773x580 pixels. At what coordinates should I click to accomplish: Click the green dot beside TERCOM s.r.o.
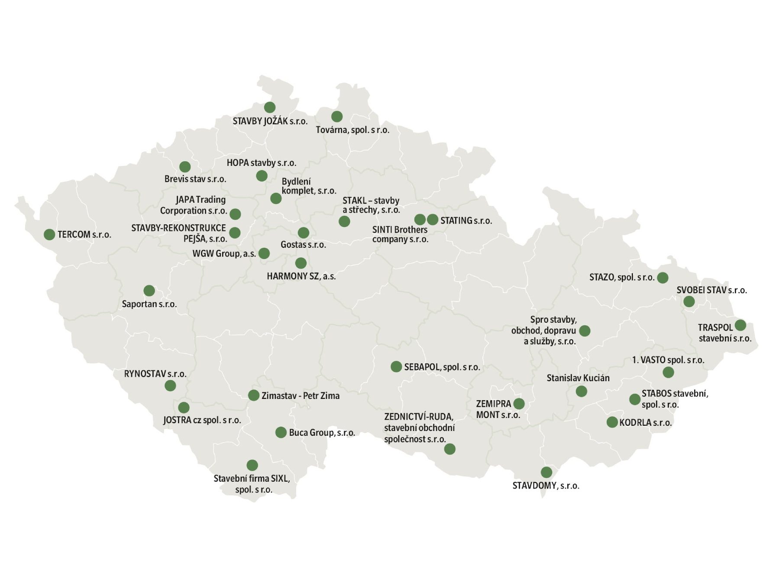pyautogui.click(x=49, y=234)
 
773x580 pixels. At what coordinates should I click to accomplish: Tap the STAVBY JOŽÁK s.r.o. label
pyautogui.click(x=270, y=121)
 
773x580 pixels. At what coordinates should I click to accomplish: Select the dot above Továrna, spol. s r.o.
pyautogui.click(x=336, y=116)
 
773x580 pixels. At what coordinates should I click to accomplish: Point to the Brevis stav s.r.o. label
pyautogui.click(x=195, y=179)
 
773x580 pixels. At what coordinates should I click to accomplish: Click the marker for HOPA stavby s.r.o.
pyautogui.click(x=262, y=175)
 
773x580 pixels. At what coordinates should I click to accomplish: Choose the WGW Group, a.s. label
pyautogui.click(x=224, y=253)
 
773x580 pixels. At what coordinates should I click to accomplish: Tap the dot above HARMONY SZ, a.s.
pyautogui.click(x=301, y=263)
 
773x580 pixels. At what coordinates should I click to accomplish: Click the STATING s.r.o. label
pyautogui.click(x=466, y=220)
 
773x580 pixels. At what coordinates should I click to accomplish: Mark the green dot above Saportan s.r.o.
pyautogui.click(x=149, y=290)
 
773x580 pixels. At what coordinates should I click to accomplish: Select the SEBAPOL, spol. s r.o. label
pyautogui.click(x=442, y=367)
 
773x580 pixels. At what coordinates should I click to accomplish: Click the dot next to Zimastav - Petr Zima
pyautogui.click(x=253, y=395)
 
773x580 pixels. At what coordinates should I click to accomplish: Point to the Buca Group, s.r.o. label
pyautogui.click(x=322, y=433)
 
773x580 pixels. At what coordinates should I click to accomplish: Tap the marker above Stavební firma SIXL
pyautogui.click(x=252, y=465)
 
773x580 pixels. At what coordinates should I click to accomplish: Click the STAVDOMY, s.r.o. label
pyautogui.click(x=546, y=486)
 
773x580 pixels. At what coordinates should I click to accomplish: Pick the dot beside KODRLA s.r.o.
pyautogui.click(x=612, y=422)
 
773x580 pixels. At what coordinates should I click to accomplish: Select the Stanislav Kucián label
pyautogui.click(x=578, y=378)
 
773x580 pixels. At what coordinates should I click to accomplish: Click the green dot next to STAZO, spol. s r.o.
pyautogui.click(x=663, y=278)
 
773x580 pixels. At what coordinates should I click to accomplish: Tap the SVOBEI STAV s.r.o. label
pyautogui.click(x=712, y=290)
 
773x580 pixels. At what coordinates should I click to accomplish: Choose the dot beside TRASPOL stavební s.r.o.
pyautogui.click(x=740, y=325)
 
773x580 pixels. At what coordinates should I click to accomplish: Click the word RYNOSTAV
pyautogui.click(x=145, y=374)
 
